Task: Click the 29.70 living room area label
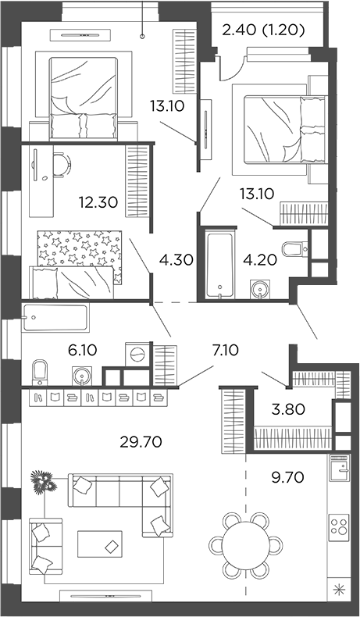(x=140, y=443)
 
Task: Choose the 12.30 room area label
(x=98, y=202)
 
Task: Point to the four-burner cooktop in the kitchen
(x=340, y=525)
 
